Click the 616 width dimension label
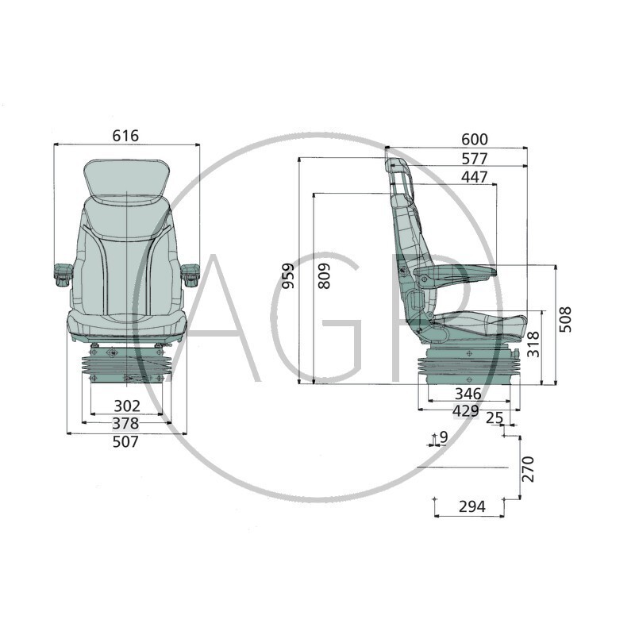pyautogui.click(x=125, y=136)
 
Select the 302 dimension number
pyautogui.click(x=127, y=406)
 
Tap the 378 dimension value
pyautogui.click(x=125, y=424)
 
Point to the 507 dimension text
pyautogui.click(x=125, y=441)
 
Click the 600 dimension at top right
pyautogui.click(x=475, y=140)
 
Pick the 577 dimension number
pyautogui.click(x=475, y=159)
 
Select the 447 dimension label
pyautogui.click(x=475, y=177)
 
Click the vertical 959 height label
pyautogui.click(x=288, y=275)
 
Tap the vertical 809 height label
pyautogui.click(x=324, y=275)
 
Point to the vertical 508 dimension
pyautogui.click(x=565, y=320)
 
